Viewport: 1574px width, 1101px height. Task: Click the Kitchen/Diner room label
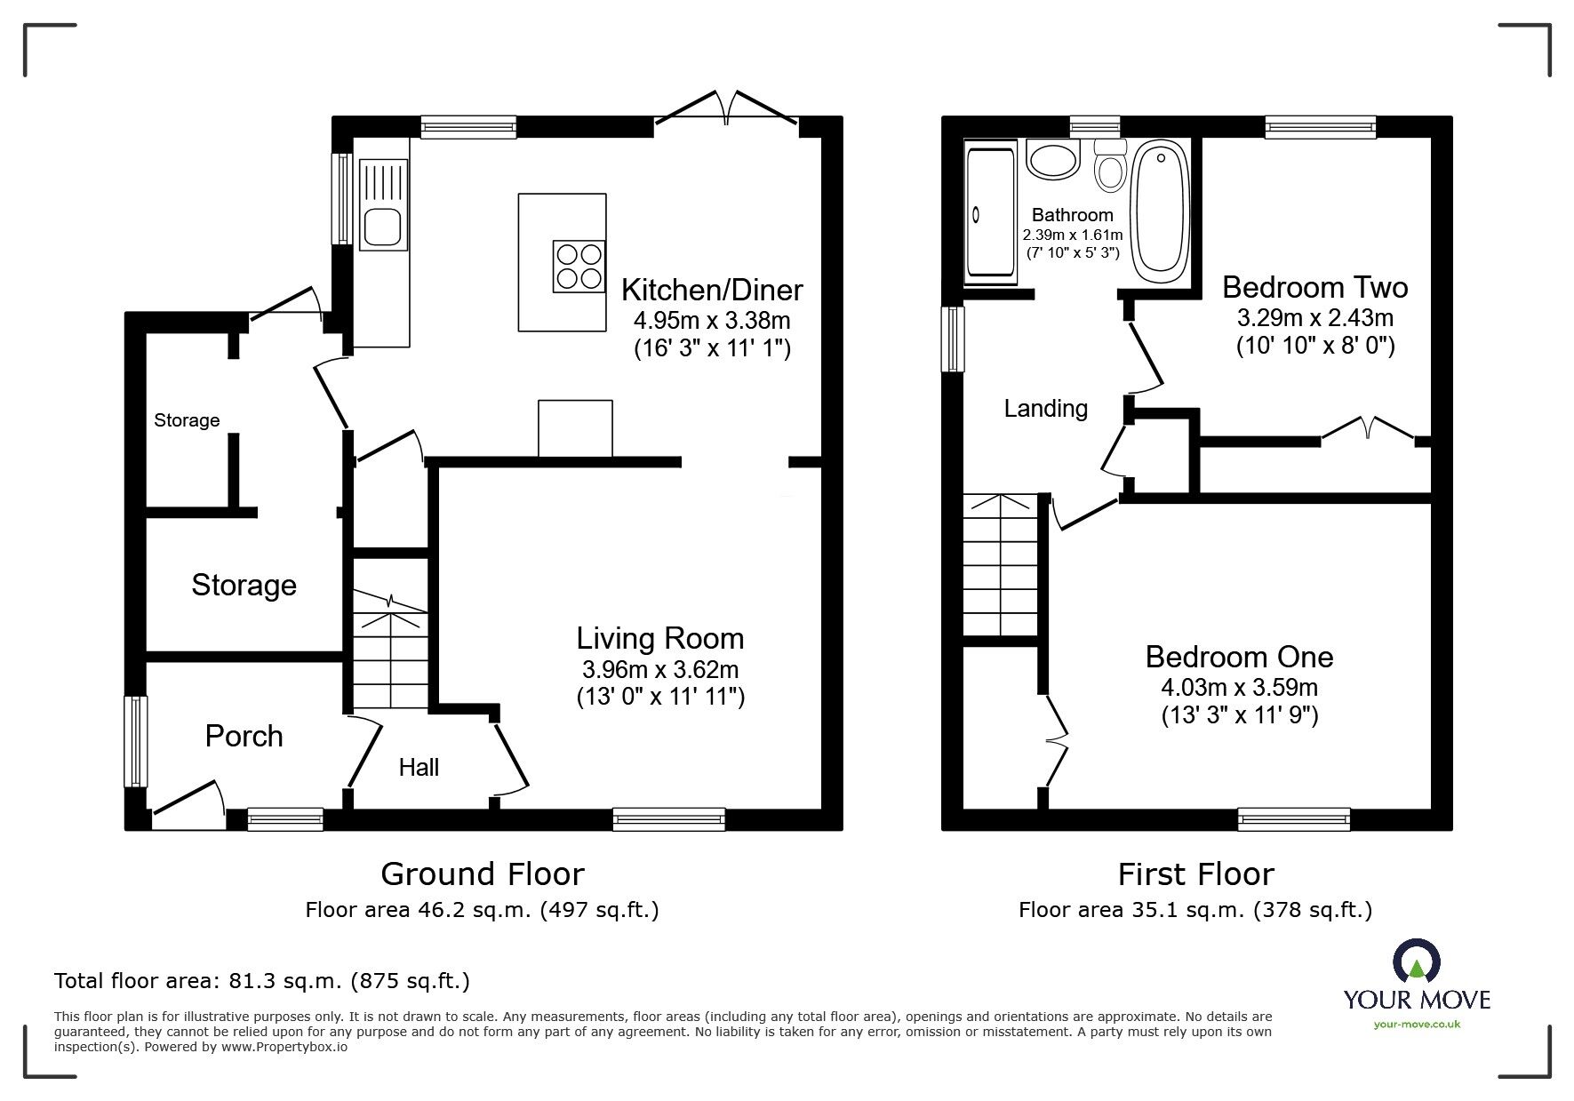click(x=711, y=290)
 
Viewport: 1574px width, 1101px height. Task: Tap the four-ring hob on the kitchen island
click(x=579, y=266)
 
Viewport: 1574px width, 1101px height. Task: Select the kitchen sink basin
click(x=383, y=227)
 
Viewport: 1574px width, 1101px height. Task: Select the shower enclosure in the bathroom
click(x=989, y=213)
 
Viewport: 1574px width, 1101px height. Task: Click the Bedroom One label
click(x=1239, y=657)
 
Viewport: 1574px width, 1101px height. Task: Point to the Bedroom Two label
click(x=1314, y=287)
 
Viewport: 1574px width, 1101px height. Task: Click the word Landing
click(x=1045, y=409)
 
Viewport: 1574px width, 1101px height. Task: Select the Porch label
click(x=244, y=736)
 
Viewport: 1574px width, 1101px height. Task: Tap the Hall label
click(x=419, y=767)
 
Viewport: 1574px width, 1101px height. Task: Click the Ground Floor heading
click(x=482, y=874)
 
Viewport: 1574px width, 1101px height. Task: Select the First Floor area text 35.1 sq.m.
click(x=1195, y=910)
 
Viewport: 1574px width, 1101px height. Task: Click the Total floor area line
click(x=262, y=981)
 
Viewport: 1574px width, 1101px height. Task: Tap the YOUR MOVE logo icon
click(x=1416, y=962)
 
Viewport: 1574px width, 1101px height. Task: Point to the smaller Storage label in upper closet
click(x=187, y=420)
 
